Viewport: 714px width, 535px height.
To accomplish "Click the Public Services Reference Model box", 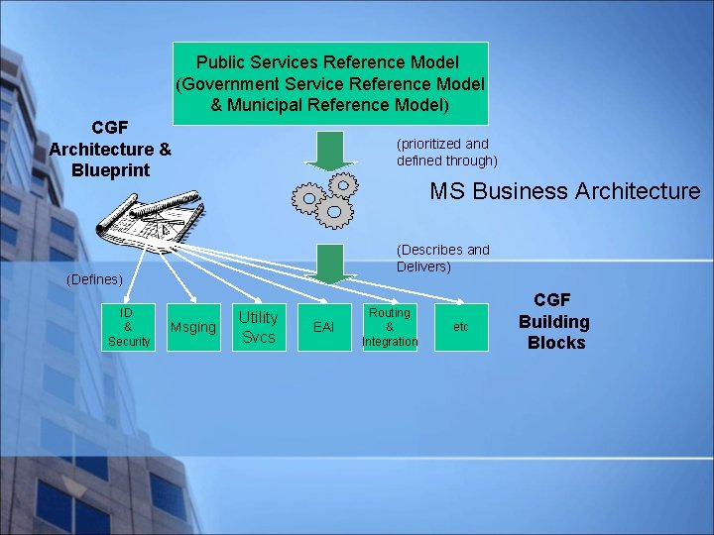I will (330, 83).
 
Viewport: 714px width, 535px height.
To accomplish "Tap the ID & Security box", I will (128, 327).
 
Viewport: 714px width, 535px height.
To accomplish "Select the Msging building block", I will (193, 327).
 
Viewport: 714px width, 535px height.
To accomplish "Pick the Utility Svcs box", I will (259, 327).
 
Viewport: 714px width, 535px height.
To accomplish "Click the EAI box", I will (324, 326).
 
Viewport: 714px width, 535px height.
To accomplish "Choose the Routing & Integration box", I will (390, 327).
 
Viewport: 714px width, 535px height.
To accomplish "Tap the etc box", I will (460, 326).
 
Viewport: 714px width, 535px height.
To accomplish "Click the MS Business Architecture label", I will (564, 191).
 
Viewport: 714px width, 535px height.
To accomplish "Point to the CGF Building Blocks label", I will (554, 322).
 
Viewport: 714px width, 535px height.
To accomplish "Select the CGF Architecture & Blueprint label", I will (110, 149).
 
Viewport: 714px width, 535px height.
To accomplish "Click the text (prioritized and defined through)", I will (446, 152).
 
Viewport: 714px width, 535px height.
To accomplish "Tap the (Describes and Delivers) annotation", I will (442, 258).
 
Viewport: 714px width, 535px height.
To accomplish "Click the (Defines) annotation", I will (94, 280).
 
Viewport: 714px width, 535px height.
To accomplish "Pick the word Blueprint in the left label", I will (111, 169).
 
